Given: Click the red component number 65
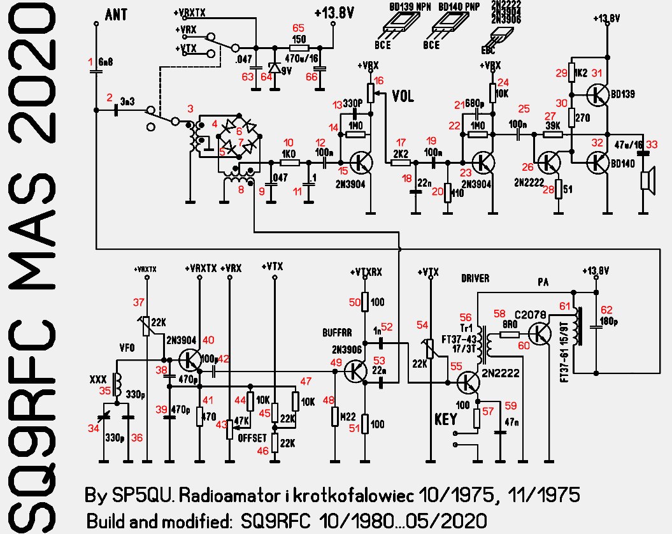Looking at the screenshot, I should [x=297, y=28].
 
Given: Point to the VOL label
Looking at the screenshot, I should [x=403, y=97].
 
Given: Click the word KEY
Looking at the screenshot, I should [x=445, y=419].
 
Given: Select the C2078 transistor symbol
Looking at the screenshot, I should [x=541, y=333].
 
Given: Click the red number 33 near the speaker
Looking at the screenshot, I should [x=652, y=145].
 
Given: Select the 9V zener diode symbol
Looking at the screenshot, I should [x=275, y=67].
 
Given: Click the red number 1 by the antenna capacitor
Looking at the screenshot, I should [x=90, y=61].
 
